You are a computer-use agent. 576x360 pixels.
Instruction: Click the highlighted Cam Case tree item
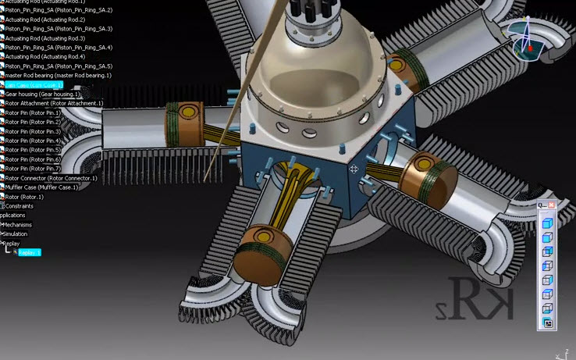click(34, 84)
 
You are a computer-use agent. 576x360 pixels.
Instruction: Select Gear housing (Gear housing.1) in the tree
click(44, 94)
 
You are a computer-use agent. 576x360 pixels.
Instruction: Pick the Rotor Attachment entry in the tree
click(54, 103)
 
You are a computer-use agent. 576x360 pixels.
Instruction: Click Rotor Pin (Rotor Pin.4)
click(33, 141)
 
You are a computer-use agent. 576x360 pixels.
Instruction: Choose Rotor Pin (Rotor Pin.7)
click(33, 169)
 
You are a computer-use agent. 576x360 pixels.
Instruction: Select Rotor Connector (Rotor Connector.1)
click(52, 178)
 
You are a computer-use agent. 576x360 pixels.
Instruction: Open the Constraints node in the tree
click(20, 206)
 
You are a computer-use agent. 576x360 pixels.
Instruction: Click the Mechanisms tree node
click(18, 225)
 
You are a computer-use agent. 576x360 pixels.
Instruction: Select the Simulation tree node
click(16, 233)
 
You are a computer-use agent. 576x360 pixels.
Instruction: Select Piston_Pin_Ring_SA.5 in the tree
click(59, 66)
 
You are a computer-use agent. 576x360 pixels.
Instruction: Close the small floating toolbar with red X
click(552, 205)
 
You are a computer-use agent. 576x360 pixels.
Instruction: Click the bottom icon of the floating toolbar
click(548, 323)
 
